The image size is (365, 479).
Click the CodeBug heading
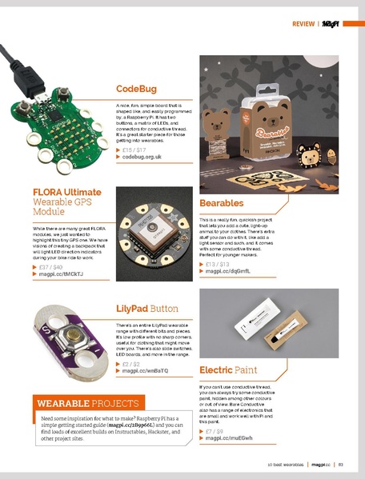click(136, 89)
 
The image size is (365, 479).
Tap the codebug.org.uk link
click(142, 158)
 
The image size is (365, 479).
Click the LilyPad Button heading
click(146, 307)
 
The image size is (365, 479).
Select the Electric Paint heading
click(228, 369)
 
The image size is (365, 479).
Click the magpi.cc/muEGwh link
click(229, 438)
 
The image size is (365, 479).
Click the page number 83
click(340, 464)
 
